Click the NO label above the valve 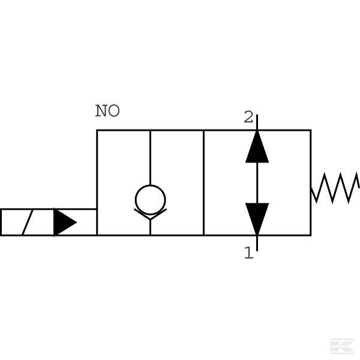(107, 111)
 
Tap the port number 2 (248, 118)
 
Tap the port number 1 (248, 253)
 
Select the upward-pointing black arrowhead (257, 148)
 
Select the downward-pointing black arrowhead (257, 218)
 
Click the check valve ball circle (150, 199)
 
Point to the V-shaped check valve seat (150, 214)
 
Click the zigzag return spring (335, 187)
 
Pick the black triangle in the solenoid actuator (64, 223)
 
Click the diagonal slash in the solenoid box (27, 223)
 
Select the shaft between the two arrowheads (257, 182)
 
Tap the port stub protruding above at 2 (257, 122)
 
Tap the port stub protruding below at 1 (257, 243)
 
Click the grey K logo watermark (341, 346)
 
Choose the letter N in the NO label (101, 111)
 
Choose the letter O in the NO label (114, 111)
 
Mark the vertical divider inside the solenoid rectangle (54, 223)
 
